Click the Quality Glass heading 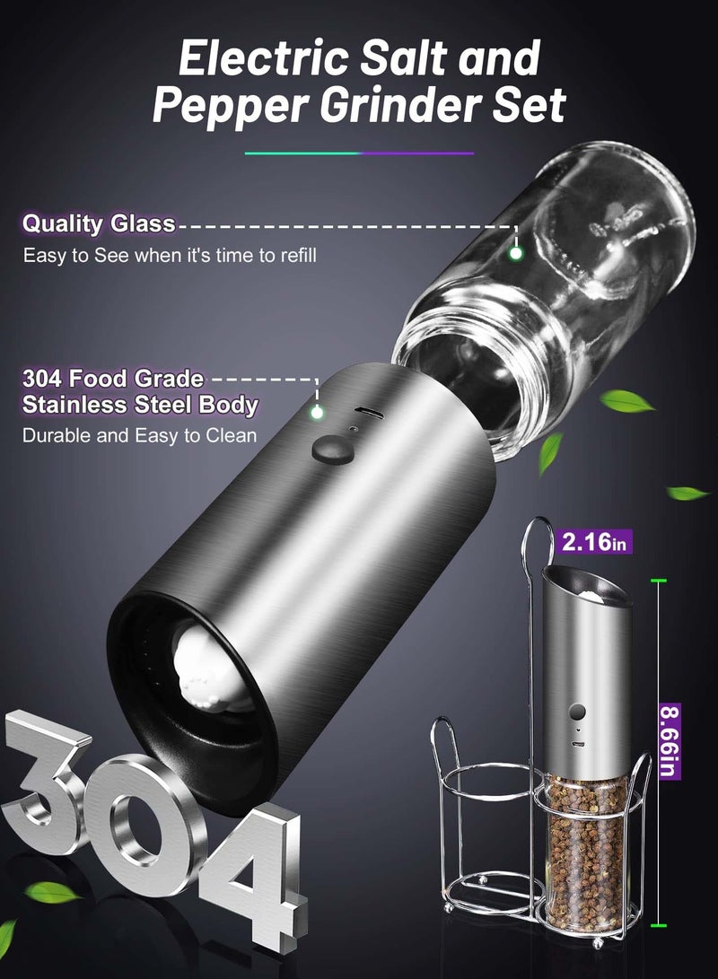point(99,223)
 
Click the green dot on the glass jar point(515,254)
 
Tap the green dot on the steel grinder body point(317,413)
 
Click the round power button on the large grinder point(328,448)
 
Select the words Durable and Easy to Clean point(139,436)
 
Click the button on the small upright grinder point(577,712)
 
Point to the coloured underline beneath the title point(359,153)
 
